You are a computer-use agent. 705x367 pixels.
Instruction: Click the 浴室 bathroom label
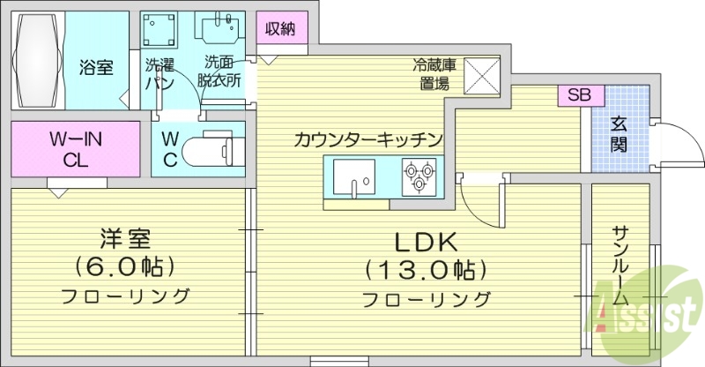pos(96,67)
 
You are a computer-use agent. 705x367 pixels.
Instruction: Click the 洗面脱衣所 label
pos(220,71)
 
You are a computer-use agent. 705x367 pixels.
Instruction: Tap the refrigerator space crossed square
pos(481,74)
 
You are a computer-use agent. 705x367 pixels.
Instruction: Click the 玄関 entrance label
pos(620,132)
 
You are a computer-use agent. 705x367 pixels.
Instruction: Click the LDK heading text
pos(427,242)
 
